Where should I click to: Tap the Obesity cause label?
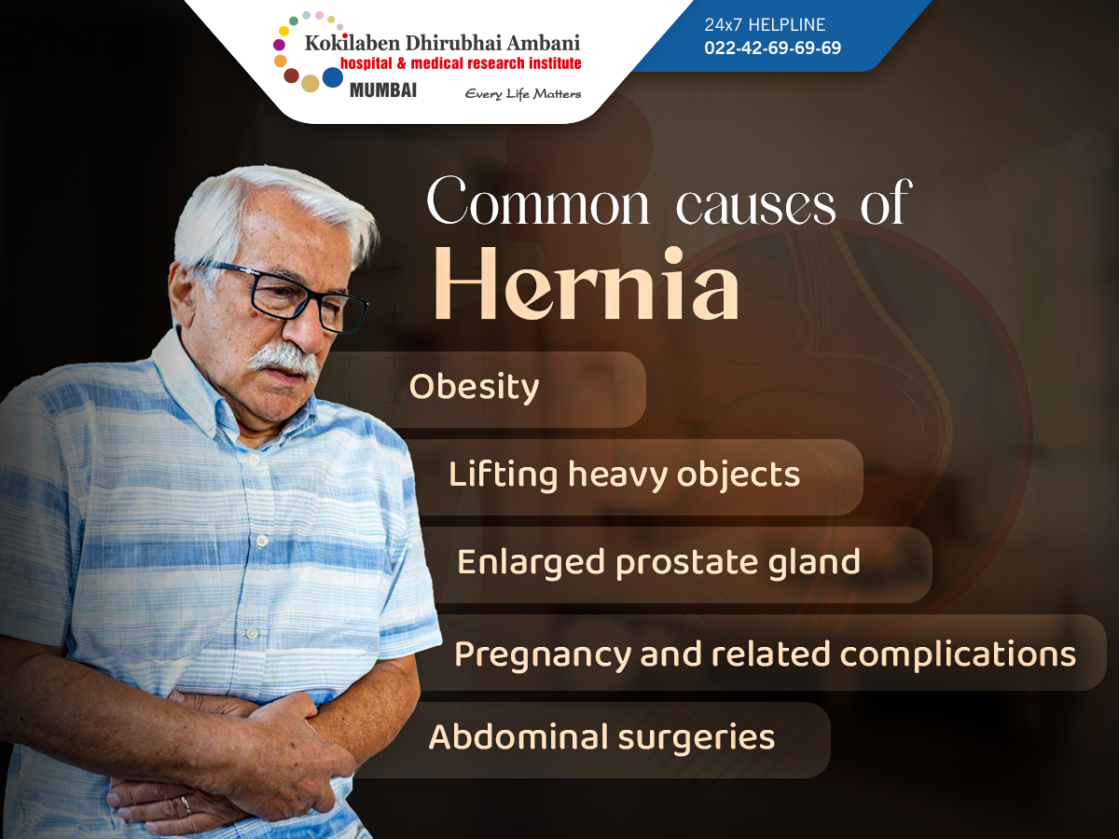474,387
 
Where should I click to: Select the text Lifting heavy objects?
624,475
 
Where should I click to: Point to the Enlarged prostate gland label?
658,562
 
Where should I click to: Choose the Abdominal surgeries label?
601,737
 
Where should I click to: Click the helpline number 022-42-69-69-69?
772,48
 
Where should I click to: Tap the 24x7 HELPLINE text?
765,25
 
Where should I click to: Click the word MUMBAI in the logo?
382,90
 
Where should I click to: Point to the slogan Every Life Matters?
522,93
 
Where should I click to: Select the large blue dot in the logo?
333,77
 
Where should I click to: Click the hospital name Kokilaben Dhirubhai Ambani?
442,43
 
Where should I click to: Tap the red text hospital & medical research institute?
461,63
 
